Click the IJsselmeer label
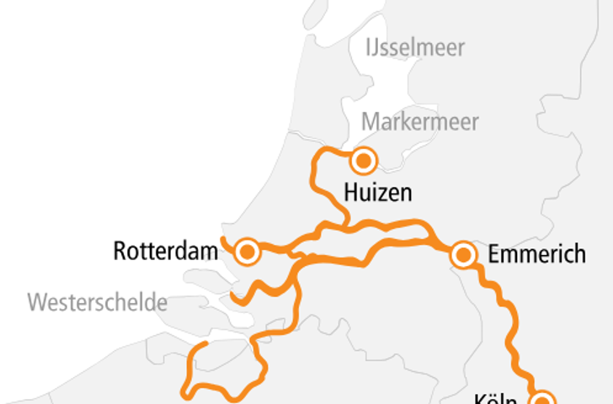(x=414, y=48)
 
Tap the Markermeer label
(x=420, y=122)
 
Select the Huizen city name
(x=378, y=194)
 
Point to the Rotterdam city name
(x=166, y=251)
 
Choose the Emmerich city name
(x=536, y=254)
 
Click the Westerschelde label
(x=97, y=303)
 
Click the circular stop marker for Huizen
(x=364, y=159)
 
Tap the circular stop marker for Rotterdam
(x=247, y=252)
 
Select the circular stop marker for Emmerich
(x=462, y=255)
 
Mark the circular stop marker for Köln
(x=543, y=399)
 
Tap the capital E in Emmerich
(x=494, y=254)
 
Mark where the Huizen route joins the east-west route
(x=347, y=226)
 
